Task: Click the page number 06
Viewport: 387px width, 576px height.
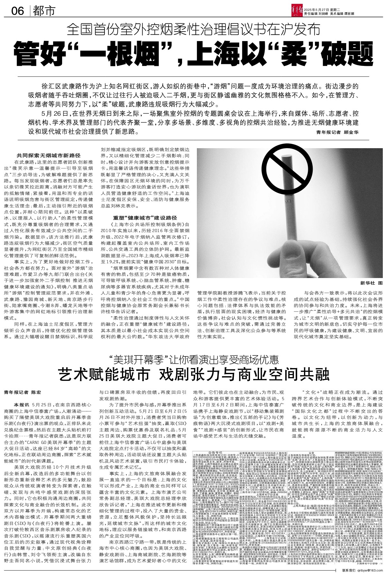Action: coord(17,12)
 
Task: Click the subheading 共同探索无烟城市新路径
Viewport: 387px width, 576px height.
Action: coord(48,155)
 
